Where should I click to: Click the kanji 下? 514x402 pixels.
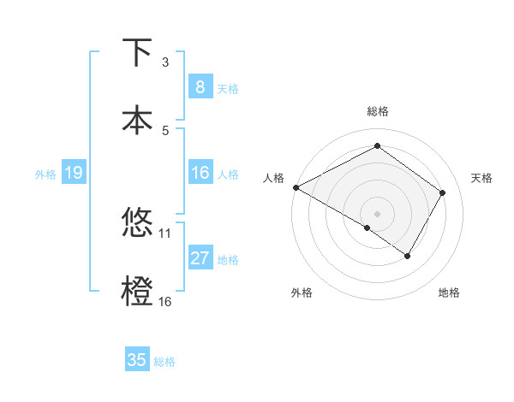pos(138,53)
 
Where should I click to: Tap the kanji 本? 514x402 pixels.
pos(138,120)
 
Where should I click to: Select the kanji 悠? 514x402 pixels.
pos(138,223)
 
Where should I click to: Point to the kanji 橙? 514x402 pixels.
pos(138,290)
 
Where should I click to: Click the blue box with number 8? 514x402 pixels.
pos(200,87)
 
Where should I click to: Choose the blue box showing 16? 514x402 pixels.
pos(200,174)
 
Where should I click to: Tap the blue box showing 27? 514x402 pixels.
pos(200,258)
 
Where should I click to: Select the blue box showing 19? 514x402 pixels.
pos(73,174)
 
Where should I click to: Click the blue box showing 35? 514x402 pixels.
pos(137,360)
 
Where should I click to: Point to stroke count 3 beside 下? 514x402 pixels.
pos(165,62)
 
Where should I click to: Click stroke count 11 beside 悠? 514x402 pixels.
pos(165,233)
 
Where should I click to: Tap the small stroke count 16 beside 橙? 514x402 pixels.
pos(165,301)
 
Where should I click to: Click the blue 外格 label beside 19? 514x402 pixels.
pos(45,174)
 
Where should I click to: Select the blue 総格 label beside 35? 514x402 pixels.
pos(164,361)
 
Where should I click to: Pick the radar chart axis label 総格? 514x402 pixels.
pos(377,111)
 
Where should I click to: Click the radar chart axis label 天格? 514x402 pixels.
pos(481,178)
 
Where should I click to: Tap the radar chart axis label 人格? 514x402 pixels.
pos(273,178)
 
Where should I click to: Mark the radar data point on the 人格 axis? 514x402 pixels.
pos(296,187)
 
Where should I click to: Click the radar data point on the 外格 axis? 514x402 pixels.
pos(368,228)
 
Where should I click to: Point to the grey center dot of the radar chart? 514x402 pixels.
pos(377,213)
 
